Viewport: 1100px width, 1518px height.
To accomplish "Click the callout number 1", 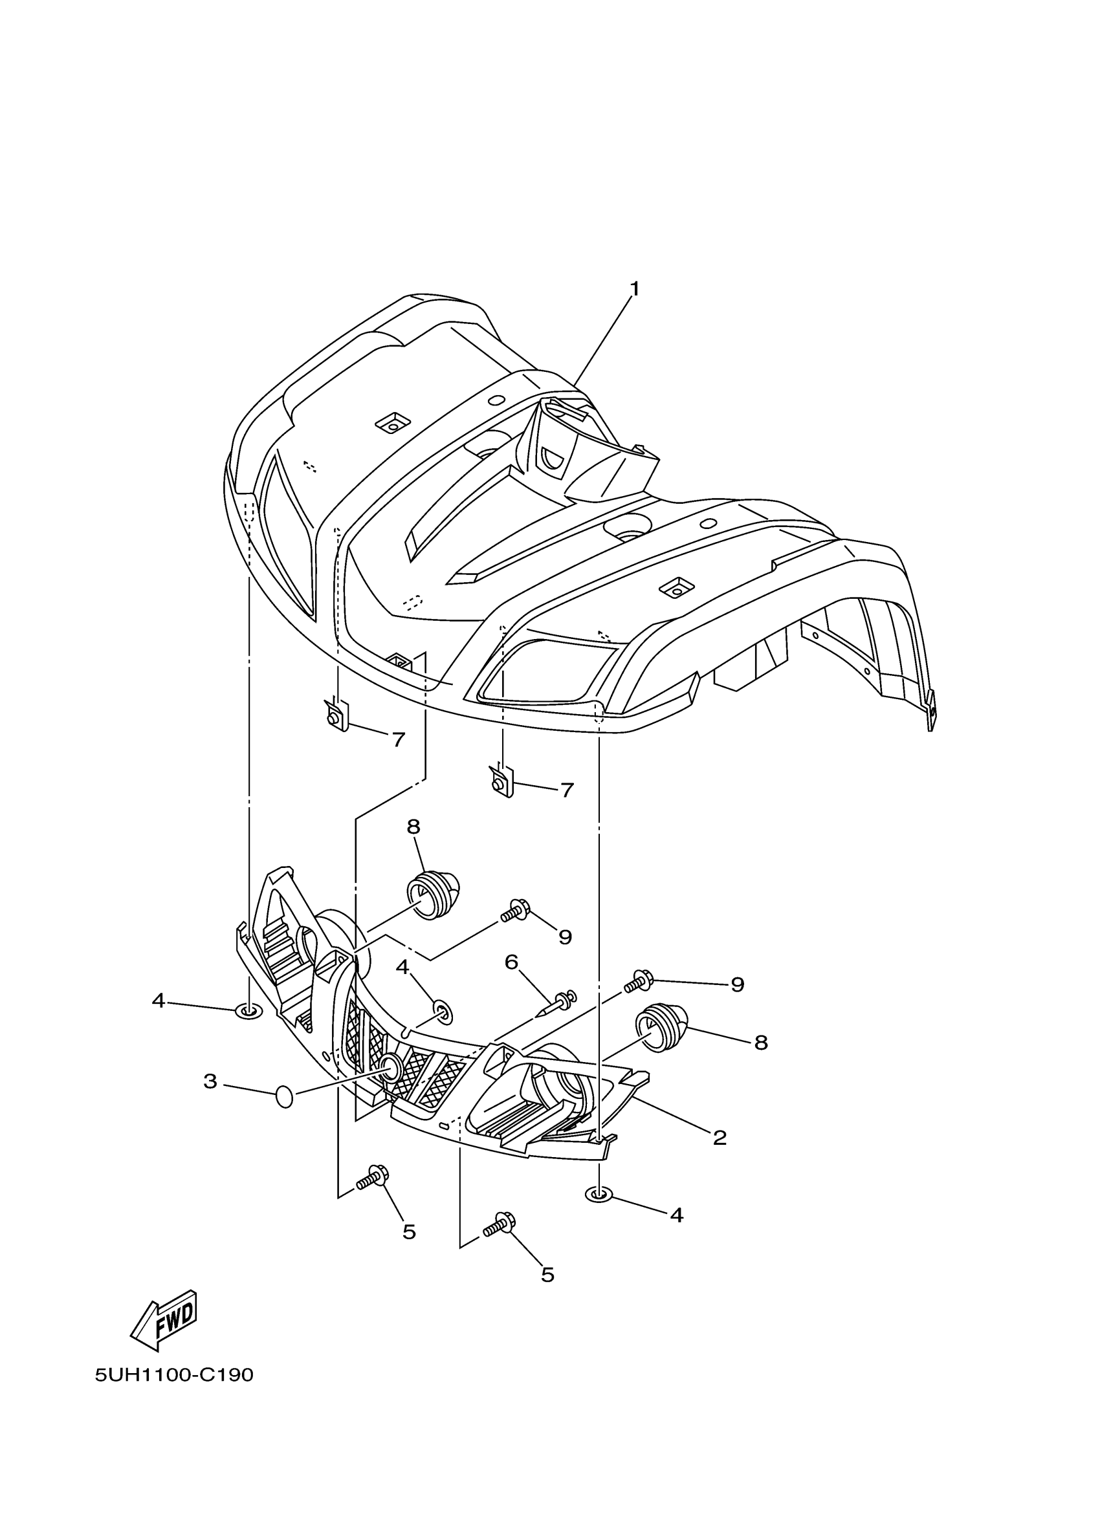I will [634, 289].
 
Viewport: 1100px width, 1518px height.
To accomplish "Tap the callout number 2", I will [720, 1137].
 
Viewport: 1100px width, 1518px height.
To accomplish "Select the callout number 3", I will [210, 1081].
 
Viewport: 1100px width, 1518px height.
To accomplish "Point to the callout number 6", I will [512, 962].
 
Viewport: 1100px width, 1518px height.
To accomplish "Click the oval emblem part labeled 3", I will [285, 1098].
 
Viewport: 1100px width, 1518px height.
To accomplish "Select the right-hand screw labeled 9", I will [641, 982].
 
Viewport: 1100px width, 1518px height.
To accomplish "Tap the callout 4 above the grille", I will [402, 967].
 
